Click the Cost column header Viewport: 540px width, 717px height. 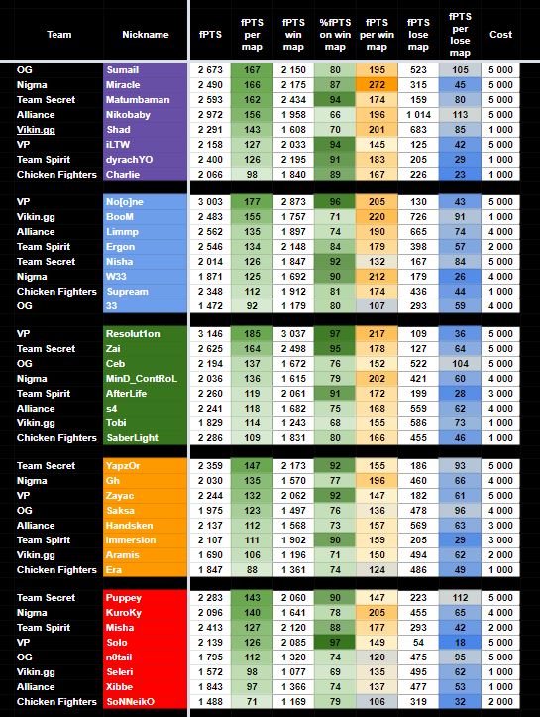click(500, 35)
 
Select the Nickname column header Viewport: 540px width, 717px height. click(146, 35)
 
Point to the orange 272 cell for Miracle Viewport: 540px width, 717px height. click(377, 85)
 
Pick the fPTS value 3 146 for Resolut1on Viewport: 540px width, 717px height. click(210, 334)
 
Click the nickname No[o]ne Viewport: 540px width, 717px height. click(125, 202)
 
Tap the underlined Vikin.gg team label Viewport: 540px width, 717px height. click(36, 130)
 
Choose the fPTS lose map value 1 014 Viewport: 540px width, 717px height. click(418, 115)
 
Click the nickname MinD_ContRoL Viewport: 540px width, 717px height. click(142, 379)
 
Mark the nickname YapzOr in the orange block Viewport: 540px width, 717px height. click(123, 466)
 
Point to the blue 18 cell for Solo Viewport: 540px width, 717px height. click(460, 643)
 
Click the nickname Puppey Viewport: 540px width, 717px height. click(123, 598)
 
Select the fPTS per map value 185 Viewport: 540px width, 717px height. click(252, 334)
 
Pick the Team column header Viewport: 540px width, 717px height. click(58, 35)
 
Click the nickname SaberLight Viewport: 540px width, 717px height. click(132, 438)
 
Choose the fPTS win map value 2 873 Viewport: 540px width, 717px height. click(293, 202)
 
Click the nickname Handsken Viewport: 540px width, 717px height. click(129, 526)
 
